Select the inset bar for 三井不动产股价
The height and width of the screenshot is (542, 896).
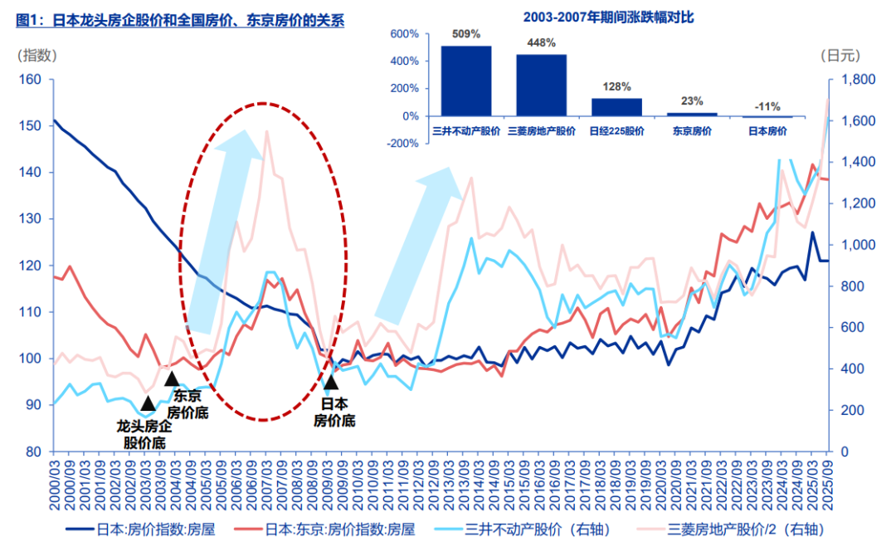click(465, 81)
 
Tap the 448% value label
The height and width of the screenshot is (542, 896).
click(540, 44)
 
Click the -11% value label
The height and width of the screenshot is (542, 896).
click(767, 106)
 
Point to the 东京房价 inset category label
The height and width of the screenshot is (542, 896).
click(692, 130)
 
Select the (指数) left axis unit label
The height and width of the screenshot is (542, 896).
click(37, 56)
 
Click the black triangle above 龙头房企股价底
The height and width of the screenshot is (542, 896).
click(148, 403)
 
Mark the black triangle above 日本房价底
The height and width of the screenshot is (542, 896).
click(330, 382)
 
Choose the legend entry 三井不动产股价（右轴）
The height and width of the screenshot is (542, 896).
click(534, 527)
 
